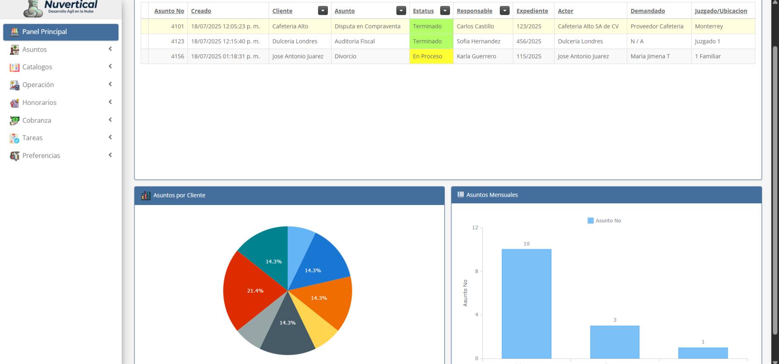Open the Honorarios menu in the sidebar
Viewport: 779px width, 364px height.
click(x=39, y=103)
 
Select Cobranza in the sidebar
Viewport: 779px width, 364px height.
click(x=37, y=120)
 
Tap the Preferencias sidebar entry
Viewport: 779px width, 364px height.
click(x=41, y=156)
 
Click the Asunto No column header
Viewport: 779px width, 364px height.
click(x=169, y=11)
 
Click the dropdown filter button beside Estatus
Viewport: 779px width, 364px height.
click(x=445, y=11)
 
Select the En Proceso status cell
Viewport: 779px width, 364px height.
click(x=428, y=56)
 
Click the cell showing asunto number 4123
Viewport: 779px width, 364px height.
click(x=177, y=41)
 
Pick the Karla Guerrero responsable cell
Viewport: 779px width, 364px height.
click(x=476, y=56)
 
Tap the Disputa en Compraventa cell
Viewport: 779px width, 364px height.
click(x=367, y=26)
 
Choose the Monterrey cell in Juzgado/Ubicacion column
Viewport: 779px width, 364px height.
click(x=709, y=26)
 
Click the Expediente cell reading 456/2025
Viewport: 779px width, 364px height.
click(x=529, y=41)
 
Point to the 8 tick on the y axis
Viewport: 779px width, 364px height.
click(x=476, y=271)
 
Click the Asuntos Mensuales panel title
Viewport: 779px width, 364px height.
click(x=492, y=195)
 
